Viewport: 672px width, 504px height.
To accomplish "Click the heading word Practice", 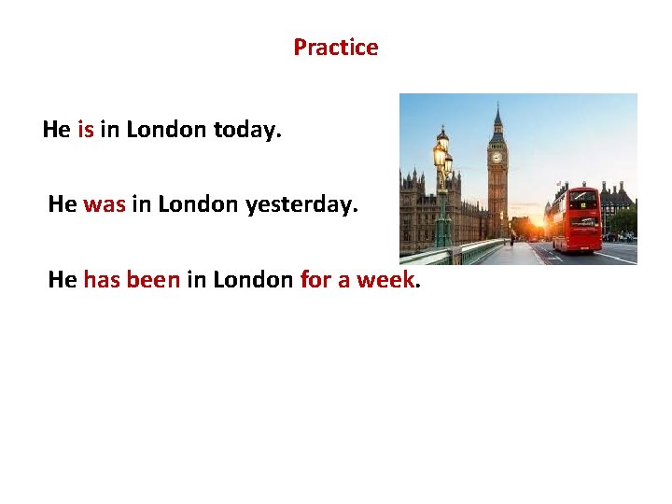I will pyautogui.click(x=336, y=48).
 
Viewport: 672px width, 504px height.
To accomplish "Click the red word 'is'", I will pyautogui.click(x=85, y=130).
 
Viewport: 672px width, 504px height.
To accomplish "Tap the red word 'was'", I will pyautogui.click(x=104, y=203).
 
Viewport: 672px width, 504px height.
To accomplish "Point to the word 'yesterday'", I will pyautogui.click(x=301, y=203).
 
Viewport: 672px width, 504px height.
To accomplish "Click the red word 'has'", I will pyautogui.click(x=102, y=278).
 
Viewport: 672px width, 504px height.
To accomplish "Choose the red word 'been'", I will pyautogui.click(x=153, y=278).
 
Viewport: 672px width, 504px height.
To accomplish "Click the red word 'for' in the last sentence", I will pyautogui.click(x=315, y=278).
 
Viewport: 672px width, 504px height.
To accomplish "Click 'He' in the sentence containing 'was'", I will pyautogui.click(x=63, y=203).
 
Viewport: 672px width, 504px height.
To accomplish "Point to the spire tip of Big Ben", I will pyautogui.click(x=497, y=105).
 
